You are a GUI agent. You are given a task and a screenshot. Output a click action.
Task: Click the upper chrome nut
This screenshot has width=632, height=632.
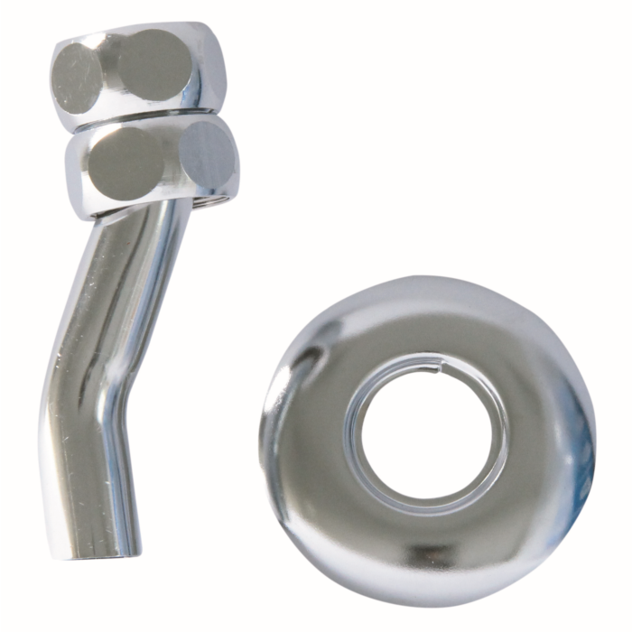(x=135, y=68)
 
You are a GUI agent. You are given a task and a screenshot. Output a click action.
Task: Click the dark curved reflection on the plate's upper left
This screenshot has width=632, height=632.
(x=307, y=361)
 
